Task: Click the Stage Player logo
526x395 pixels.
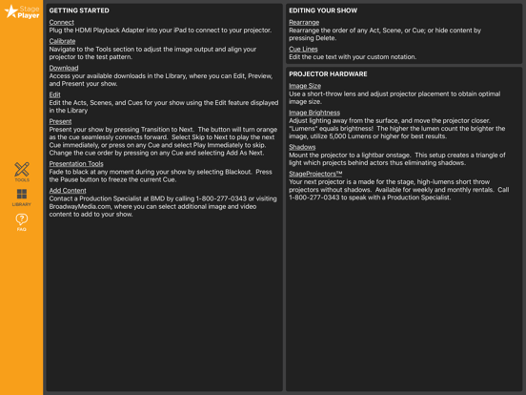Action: (21, 11)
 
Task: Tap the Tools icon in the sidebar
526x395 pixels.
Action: (21, 171)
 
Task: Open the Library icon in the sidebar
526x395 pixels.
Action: (21, 196)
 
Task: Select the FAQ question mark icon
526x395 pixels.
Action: (21, 220)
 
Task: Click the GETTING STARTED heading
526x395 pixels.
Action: (79, 10)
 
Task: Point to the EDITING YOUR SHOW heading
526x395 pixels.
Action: (323, 10)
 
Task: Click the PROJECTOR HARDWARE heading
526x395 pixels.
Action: (328, 73)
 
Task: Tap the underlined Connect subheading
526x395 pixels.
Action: (61, 22)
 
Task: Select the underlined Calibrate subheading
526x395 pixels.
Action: (62, 41)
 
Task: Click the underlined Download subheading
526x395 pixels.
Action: (64, 68)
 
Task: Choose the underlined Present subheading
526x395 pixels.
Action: (60, 121)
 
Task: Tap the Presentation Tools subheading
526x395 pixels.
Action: (76, 163)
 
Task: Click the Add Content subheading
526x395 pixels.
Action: (68, 190)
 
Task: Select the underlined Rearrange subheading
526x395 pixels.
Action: (304, 22)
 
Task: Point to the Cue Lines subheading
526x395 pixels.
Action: (303, 49)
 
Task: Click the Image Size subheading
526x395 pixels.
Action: (305, 86)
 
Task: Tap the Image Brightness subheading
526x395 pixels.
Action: (314, 113)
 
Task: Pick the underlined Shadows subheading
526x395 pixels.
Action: (302, 147)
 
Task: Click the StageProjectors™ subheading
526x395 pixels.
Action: (315, 174)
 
